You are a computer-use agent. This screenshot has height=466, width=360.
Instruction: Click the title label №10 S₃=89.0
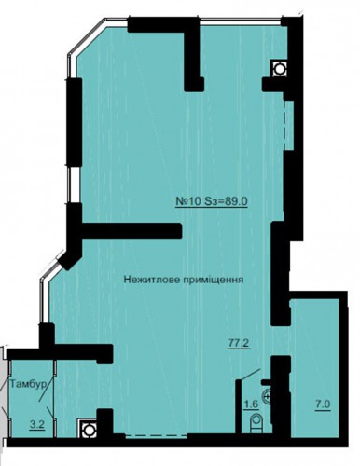click(x=212, y=201)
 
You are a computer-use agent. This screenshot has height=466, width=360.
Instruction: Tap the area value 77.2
click(x=240, y=344)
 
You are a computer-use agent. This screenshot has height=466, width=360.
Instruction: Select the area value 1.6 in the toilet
click(x=252, y=404)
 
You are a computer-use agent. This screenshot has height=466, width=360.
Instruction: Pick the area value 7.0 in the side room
click(x=323, y=404)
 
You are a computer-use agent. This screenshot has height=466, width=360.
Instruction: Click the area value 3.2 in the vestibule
click(x=37, y=425)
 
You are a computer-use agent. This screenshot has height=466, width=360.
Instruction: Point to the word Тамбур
click(x=28, y=384)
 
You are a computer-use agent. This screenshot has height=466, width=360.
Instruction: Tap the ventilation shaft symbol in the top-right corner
click(x=279, y=68)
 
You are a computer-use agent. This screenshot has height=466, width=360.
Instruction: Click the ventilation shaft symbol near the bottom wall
click(x=89, y=430)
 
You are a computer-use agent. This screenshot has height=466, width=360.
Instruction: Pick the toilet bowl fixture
click(x=256, y=423)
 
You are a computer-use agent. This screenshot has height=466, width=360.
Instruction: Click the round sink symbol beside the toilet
click(x=268, y=397)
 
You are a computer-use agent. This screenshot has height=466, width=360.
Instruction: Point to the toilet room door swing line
click(x=248, y=374)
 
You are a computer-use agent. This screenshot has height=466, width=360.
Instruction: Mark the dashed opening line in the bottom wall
click(x=156, y=435)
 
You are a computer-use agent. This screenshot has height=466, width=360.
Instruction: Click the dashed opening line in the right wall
click(x=284, y=125)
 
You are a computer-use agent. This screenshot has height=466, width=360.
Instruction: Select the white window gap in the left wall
click(x=75, y=185)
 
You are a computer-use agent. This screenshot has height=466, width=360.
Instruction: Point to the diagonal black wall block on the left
click(x=71, y=256)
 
